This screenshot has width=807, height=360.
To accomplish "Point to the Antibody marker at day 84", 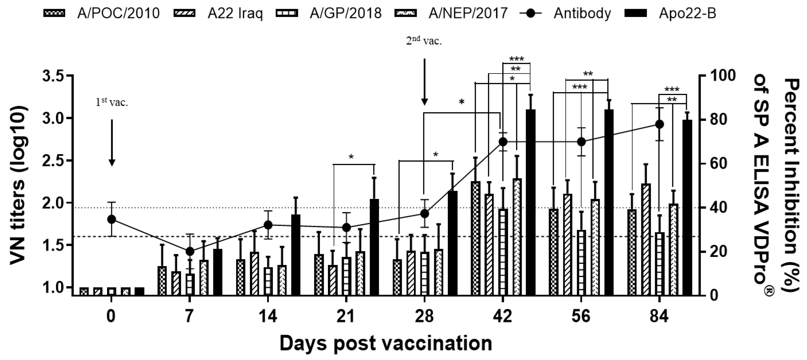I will coord(659,124).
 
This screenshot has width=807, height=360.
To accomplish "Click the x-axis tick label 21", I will coord(346,317).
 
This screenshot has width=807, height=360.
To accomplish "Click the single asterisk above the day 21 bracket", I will coord(351,157).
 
